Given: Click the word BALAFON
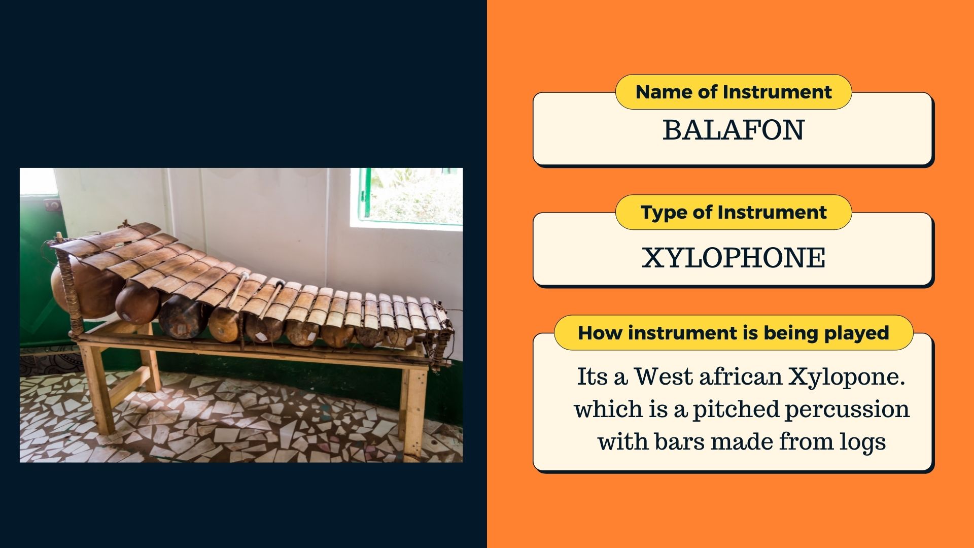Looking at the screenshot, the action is point(733,130).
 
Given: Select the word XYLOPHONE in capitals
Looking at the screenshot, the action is point(734,257).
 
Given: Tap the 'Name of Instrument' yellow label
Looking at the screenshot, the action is point(734,92).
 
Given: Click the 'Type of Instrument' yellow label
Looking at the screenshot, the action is point(734,212).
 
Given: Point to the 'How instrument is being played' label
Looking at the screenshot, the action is point(734,333).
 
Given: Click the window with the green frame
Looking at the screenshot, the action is point(410,196).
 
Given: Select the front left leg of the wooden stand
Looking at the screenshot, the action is point(98,391).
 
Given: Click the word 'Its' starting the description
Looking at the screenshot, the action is point(593,376).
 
